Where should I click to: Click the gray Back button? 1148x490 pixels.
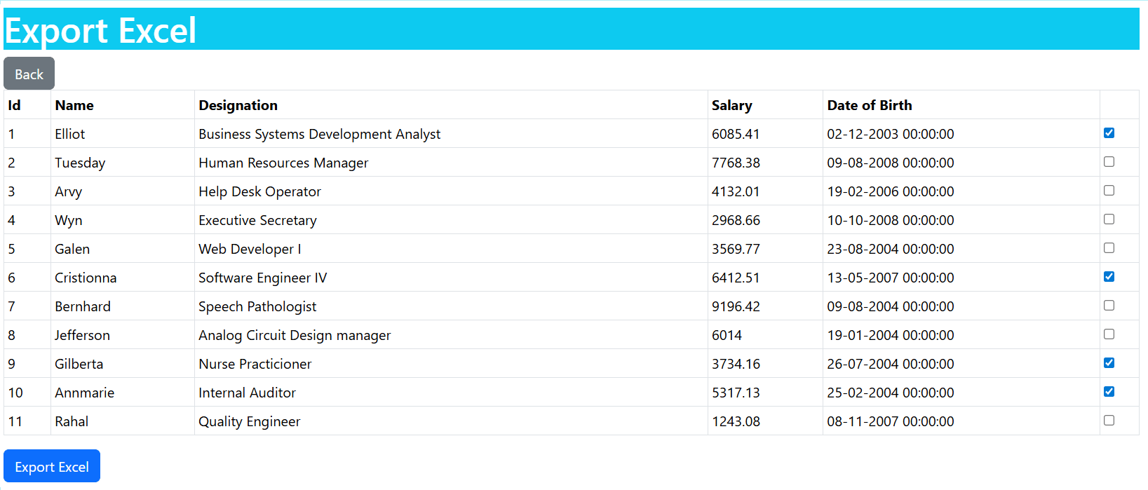pos(29,74)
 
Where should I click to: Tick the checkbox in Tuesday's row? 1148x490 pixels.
pos(1109,162)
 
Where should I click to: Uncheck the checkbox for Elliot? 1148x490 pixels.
pos(1109,133)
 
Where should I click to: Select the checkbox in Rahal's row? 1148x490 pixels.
pos(1109,421)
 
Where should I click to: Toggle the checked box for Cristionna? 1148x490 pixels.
pos(1109,277)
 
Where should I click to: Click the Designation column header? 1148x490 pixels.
pos(238,105)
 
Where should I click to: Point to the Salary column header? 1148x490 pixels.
pos(732,106)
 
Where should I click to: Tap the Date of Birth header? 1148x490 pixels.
pos(869,105)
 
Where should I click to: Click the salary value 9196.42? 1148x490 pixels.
pos(736,306)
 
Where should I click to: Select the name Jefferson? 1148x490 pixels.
pos(82,335)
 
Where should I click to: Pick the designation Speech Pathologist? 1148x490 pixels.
pos(257,306)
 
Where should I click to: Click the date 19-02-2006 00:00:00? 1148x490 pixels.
pos(890,191)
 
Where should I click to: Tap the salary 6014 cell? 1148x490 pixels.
pos(727,335)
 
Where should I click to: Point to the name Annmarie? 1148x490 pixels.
pos(85,393)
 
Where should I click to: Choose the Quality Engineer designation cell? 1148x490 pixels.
pos(249,421)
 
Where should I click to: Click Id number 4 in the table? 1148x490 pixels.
pos(12,220)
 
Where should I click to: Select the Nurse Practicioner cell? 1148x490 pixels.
pos(255,364)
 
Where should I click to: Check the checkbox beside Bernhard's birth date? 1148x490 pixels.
pos(1109,306)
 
